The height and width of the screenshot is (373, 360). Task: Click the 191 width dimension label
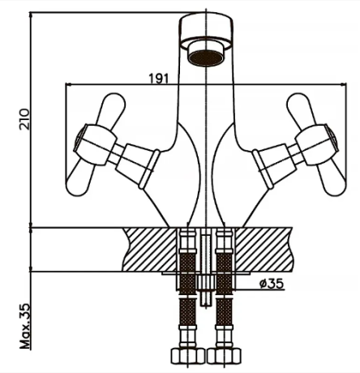tap(159, 78)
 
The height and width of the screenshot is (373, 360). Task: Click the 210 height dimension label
tap(24, 119)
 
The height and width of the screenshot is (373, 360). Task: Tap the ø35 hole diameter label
tap(272, 284)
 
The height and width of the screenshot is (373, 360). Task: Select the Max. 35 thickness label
tap(25, 326)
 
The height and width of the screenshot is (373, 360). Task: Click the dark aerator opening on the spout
tap(206, 58)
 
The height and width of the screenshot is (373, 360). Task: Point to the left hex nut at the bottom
tap(188, 356)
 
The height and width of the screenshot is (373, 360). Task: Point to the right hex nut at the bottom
tap(225, 356)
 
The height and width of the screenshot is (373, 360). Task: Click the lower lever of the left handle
tap(79, 178)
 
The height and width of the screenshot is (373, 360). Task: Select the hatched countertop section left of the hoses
tap(150, 249)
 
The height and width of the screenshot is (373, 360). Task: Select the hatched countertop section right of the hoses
tap(264, 249)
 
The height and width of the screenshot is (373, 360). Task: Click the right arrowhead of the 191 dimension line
tap(343, 85)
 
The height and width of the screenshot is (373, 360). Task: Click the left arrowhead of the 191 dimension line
tap(69, 85)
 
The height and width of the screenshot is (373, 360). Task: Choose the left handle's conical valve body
tap(138, 165)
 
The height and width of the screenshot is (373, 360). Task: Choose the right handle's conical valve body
tap(274, 165)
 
